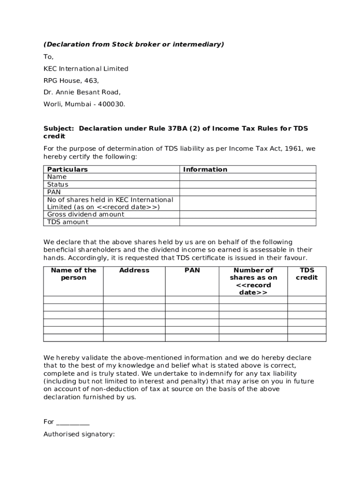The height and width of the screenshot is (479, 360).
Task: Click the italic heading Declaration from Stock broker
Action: [134, 44]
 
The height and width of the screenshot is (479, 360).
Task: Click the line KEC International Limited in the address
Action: [86, 69]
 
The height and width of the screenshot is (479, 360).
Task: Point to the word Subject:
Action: [59, 129]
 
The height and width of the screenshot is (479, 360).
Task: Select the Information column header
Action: [205, 169]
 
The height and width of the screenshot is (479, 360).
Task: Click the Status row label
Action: [58, 184]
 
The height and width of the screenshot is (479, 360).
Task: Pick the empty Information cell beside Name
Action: [248, 177]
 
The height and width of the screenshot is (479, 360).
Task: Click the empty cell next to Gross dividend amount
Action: [248, 214]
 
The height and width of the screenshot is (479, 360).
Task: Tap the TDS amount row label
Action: [68, 222]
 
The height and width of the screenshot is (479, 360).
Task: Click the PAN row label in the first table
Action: [54, 192]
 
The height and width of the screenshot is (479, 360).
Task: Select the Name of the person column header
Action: [73, 274]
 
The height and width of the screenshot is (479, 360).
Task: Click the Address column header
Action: [134, 270]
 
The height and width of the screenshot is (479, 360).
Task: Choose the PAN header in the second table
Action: [192, 270]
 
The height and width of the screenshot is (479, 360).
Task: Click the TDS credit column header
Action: [307, 274]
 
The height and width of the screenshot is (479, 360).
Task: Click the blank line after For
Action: [72, 422]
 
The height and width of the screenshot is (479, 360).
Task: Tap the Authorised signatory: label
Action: [79, 434]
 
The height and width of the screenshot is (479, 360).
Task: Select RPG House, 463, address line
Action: [71, 80]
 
